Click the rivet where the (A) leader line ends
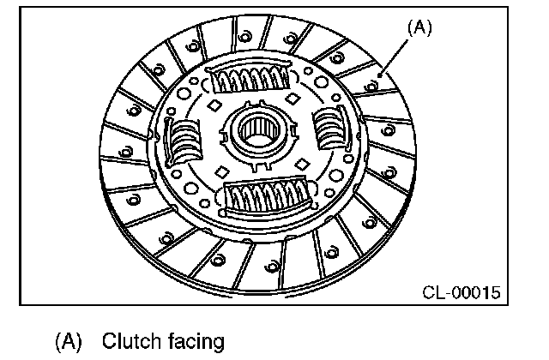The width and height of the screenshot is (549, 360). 378,82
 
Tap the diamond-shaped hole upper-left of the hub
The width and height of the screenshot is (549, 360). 212,105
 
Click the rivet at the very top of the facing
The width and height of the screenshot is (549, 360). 244,35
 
